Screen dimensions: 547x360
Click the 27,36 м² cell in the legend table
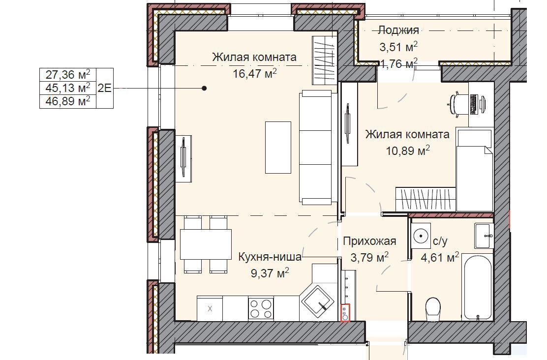coord(68,75)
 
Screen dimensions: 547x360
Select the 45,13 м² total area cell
coord(68,88)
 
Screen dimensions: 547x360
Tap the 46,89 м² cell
coord(68,101)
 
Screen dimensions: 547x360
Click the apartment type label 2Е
coord(104,88)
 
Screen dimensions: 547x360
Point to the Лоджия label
coord(398,30)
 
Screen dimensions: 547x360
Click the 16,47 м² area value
coord(255,73)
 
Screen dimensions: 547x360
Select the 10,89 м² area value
coord(408,150)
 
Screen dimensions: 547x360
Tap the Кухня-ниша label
coord(270,257)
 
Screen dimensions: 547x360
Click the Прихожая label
coord(369,241)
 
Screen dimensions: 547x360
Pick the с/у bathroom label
coord(440,241)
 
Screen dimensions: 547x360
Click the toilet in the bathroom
coord(433,309)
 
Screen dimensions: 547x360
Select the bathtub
coord(478,287)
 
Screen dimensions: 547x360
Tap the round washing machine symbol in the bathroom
coord(421,236)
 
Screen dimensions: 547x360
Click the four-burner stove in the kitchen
coord(261,308)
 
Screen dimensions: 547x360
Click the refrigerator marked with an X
coord(210,308)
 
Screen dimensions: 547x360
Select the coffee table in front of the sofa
coord(278,147)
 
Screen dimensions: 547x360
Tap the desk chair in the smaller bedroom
coord(457,103)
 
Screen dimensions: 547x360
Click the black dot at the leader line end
coord(205,88)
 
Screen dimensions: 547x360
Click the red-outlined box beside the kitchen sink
coord(345,313)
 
